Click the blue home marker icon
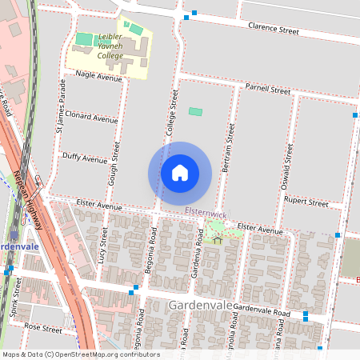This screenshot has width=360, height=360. [x=180, y=172]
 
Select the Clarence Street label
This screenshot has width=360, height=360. [x=273, y=31]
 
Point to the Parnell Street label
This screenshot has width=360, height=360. [x=268, y=90]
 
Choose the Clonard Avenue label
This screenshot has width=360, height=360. [x=91, y=118]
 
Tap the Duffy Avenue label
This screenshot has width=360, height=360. [x=84, y=159]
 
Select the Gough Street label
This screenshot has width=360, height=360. [x=116, y=164]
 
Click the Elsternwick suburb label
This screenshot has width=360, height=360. [x=206, y=213]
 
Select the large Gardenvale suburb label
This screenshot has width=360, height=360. [x=201, y=306]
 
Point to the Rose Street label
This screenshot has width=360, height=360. [x=42, y=328]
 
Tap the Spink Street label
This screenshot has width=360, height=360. [x=16, y=297]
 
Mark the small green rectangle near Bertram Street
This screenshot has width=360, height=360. [x=195, y=111]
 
